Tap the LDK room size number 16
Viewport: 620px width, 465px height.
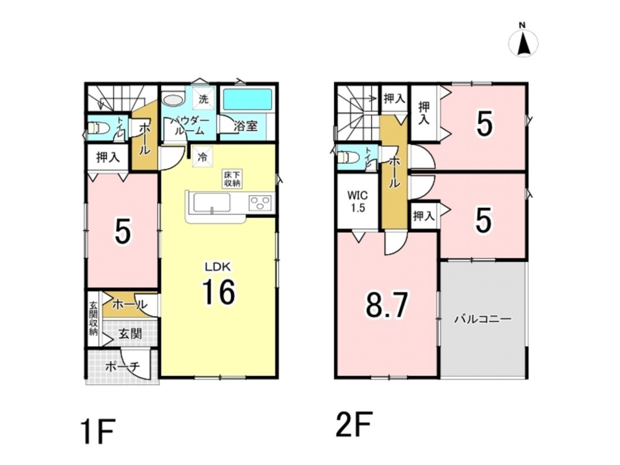(x=219, y=292)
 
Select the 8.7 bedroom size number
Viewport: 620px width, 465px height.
(x=386, y=305)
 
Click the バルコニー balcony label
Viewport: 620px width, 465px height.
(x=482, y=319)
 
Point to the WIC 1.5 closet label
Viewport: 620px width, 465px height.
(x=358, y=201)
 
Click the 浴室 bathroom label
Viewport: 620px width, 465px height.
(x=245, y=126)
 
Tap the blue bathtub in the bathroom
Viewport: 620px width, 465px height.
(x=248, y=100)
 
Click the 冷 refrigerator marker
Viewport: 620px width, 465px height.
(x=203, y=157)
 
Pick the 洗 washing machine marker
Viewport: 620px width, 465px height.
(x=203, y=99)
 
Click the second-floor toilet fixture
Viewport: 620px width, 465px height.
(x=348, y=157)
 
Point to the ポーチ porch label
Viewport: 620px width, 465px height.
(x=123, y=367)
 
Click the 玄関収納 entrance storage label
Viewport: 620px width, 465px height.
(x=94, y=318)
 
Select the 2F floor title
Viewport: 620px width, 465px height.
(x=353, y=424)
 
